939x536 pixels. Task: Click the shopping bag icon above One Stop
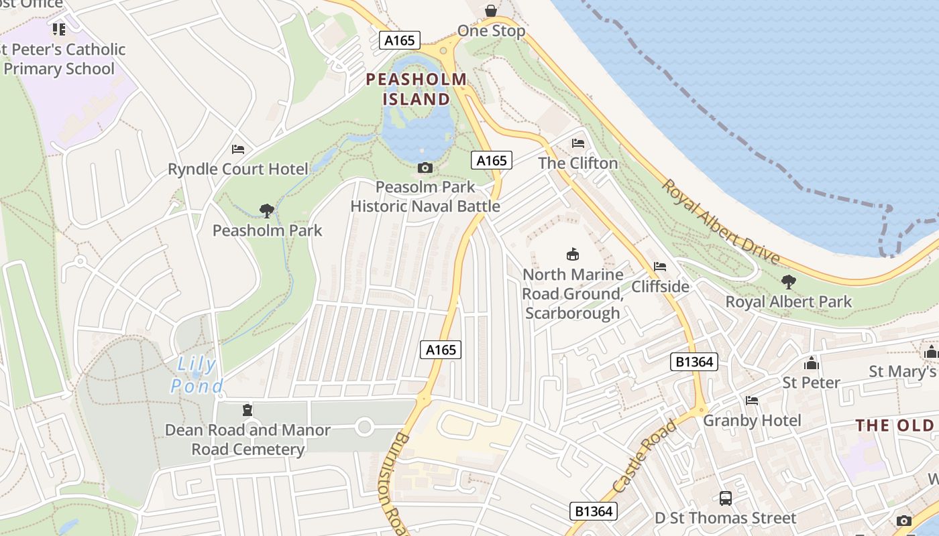click(x=491, y=11)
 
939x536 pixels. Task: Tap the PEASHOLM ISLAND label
click(x=416, y=89)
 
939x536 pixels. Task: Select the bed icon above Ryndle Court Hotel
click(x=238, y=149)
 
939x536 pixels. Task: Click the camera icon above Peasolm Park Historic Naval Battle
click(x=425, y=167)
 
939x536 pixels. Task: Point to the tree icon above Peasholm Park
click(x=267, y=211)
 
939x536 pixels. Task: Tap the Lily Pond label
click(x=195, y=375)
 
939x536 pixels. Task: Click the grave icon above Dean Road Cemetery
click(x=247, y=409)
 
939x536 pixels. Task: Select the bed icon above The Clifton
click(x=577, y=143)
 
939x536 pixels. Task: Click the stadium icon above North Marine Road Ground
click(x=573, y=254)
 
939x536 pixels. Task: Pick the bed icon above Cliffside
click(x=660, y=267)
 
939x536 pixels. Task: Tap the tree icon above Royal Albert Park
click(x=789, y=282)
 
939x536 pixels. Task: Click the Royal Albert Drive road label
click(x=721, y=222)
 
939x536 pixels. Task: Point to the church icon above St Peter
click(x=812, y=363)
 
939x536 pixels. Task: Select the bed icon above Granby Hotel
click(x=752, y=401)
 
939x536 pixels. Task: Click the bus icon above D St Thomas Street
click(x=726, y=498)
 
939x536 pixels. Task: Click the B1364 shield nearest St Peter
click(x=694, y=362)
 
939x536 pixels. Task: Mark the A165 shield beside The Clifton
click(x=492, y=160)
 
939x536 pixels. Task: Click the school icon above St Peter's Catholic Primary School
click(x=59, y=29)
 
